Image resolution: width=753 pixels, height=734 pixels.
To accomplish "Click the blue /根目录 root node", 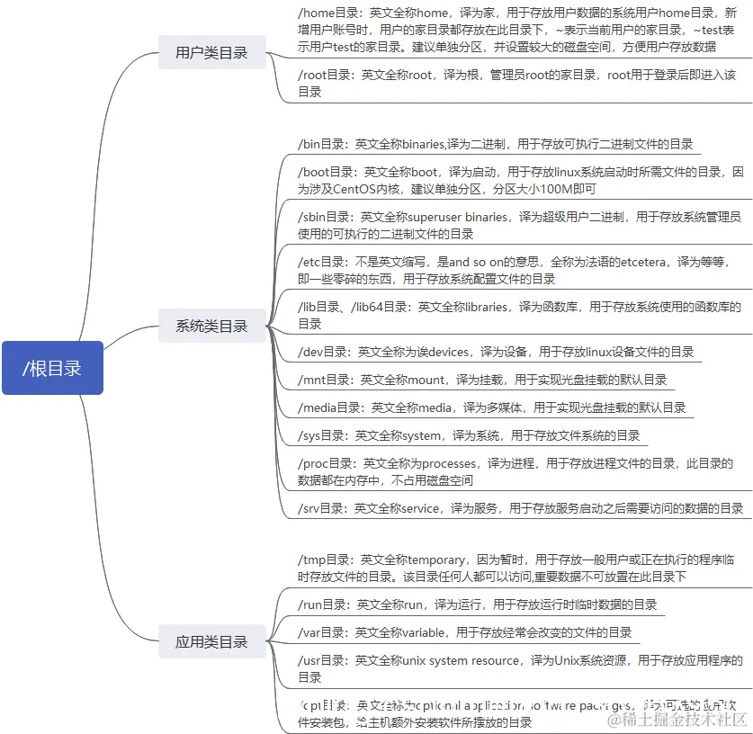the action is tap(52, 367).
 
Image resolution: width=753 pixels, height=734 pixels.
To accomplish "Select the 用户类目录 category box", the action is tap(211, 53).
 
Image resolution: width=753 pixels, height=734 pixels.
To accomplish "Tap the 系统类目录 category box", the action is tap(211, 326).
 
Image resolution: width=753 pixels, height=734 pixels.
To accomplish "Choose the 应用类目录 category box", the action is tap(211, 641).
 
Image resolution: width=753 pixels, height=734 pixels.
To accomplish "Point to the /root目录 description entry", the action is tap(516, 84).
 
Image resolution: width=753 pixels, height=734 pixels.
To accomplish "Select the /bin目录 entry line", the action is tap(495, 143).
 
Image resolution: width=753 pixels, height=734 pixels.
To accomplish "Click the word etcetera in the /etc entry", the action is tap(630, 261).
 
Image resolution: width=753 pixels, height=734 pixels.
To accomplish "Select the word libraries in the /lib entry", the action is tap(488, 307).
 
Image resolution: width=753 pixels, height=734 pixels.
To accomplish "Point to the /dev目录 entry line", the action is tap(496, 352).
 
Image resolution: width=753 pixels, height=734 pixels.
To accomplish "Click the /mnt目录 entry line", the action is tap(482, 380).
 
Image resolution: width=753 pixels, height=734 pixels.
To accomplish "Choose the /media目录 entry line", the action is tap(491, 407).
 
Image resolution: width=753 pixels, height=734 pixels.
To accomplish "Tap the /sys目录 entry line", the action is tap(469, 435).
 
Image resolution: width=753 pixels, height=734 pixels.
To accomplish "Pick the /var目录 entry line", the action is tap(464, 632).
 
